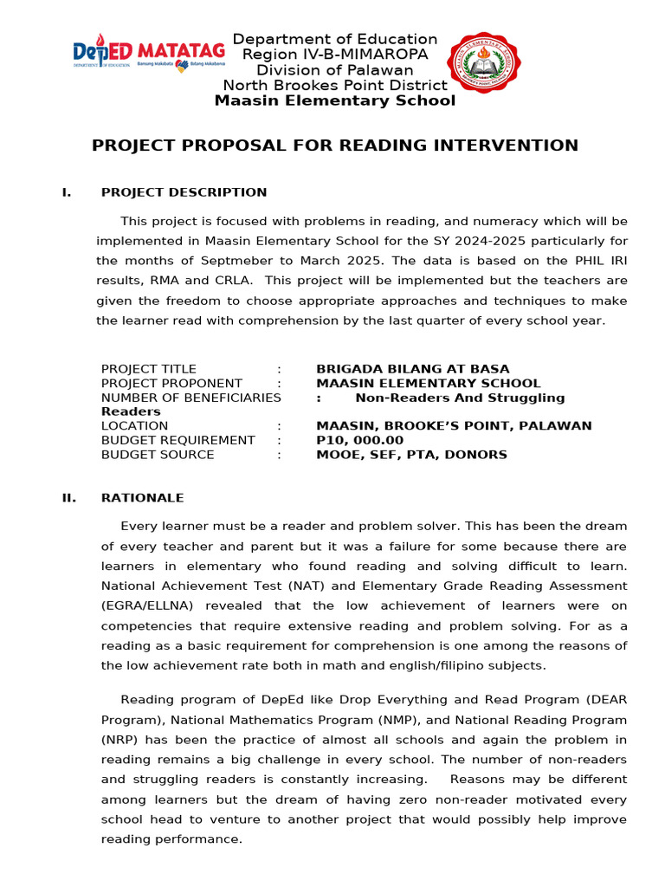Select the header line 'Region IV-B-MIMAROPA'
tap(335, 55)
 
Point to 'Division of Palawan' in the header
tap(335, 70)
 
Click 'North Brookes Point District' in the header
tap(335, 85)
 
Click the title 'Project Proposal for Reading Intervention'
tap(335, 146)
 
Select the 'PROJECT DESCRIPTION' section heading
tap(184, 192)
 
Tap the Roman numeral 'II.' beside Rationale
tap(68, 498)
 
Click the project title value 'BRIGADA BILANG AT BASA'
tap(413, 369)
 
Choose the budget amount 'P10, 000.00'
tap(359, 440)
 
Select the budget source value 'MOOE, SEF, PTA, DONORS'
tap(411, 455)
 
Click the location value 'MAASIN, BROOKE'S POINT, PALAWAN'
tap(454, 426)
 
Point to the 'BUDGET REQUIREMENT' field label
tap(178, 440)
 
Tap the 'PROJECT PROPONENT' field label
tap(171, 383)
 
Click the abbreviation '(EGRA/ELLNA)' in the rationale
tap(144, 606)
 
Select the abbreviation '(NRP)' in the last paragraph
tap(118, 740)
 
